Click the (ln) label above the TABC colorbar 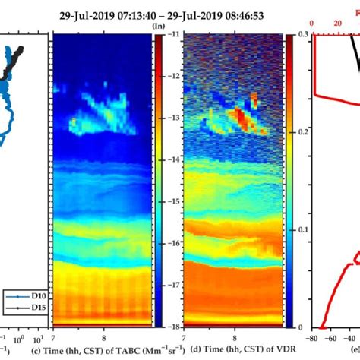click(x=159, y=26)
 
